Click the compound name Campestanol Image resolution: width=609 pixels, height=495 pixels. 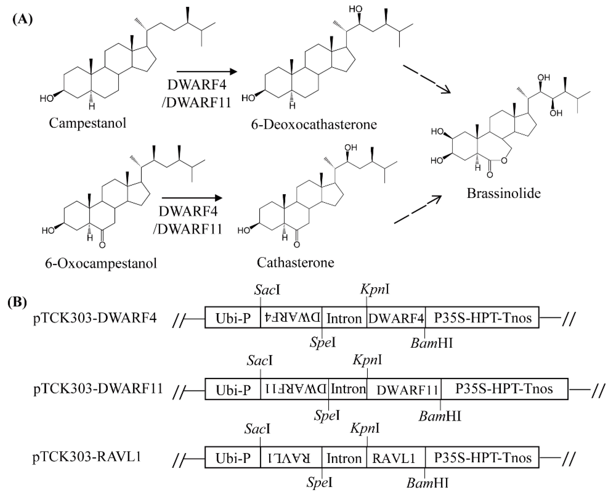click(87, 123)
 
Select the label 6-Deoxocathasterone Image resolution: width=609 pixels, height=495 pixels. click(314, 125)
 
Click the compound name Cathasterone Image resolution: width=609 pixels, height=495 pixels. click(295, 263)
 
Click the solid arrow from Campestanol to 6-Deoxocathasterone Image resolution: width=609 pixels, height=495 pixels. click(207, 72)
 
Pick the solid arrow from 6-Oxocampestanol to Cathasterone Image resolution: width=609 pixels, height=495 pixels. click(192, 198)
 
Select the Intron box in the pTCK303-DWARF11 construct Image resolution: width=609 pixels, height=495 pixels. click(348, 389)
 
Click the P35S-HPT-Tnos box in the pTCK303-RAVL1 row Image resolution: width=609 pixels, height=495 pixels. click(483, 458)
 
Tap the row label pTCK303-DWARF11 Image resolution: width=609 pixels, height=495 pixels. click(98, 388)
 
